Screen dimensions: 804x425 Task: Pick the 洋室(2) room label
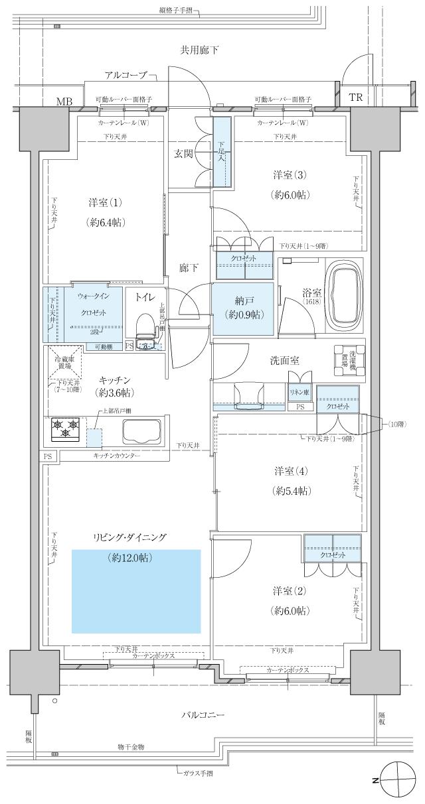pos(288,600)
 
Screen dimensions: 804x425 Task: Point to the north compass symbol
pos(397,781)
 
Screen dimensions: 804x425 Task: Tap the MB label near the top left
pos(64,101)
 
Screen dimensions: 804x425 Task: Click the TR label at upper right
pos(356,97)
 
